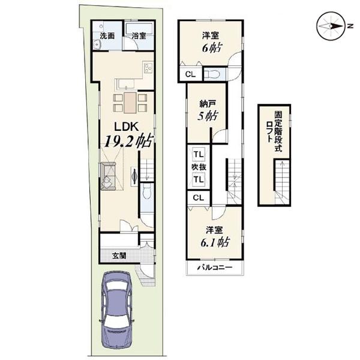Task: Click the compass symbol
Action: pos(331,26)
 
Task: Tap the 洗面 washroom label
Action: pos(107,36)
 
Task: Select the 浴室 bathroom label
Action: pos(139,36)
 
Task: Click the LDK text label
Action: pos(127,127)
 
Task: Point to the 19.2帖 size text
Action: pos(129,141)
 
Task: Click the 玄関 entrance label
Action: pos(119,256)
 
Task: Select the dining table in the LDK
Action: pos(130,103)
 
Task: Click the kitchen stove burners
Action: pos(148,67)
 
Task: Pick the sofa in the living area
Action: pos(108,176)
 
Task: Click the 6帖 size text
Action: pos(212,48)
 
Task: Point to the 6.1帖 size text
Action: pos(215,242)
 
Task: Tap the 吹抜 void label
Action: pos(199,167)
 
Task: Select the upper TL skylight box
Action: pos(199,154)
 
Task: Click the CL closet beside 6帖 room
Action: pos(190,74)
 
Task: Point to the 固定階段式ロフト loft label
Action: pos(275,131)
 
